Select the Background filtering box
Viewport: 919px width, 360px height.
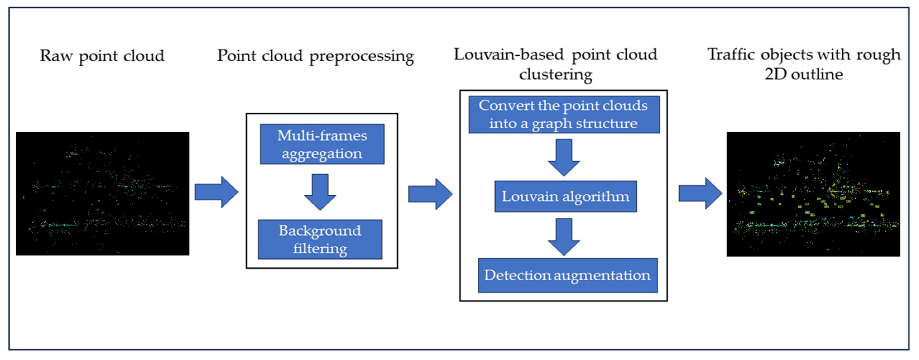[x=320, y=239]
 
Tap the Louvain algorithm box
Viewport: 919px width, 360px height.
[x=566, y=196]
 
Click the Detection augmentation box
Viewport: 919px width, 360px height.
[x=567, y=275]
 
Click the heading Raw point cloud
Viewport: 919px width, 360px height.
[x=102, y=56]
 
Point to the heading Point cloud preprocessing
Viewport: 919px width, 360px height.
[x=315, y=56]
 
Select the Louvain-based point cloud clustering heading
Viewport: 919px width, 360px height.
[x=555, y=64]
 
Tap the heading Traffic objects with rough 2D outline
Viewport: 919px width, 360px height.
[x=804, y=64]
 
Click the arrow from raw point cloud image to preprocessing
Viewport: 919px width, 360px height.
[x=216, y=192]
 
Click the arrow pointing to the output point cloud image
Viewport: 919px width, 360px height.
[x=700, y=193]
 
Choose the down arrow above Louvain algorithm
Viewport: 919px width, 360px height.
[x=564, y=157]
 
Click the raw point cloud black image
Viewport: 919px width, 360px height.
[x=102, y=193]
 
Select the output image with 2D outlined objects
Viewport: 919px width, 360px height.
[x=813, y=194]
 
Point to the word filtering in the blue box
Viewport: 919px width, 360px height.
[x=320, y=249]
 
